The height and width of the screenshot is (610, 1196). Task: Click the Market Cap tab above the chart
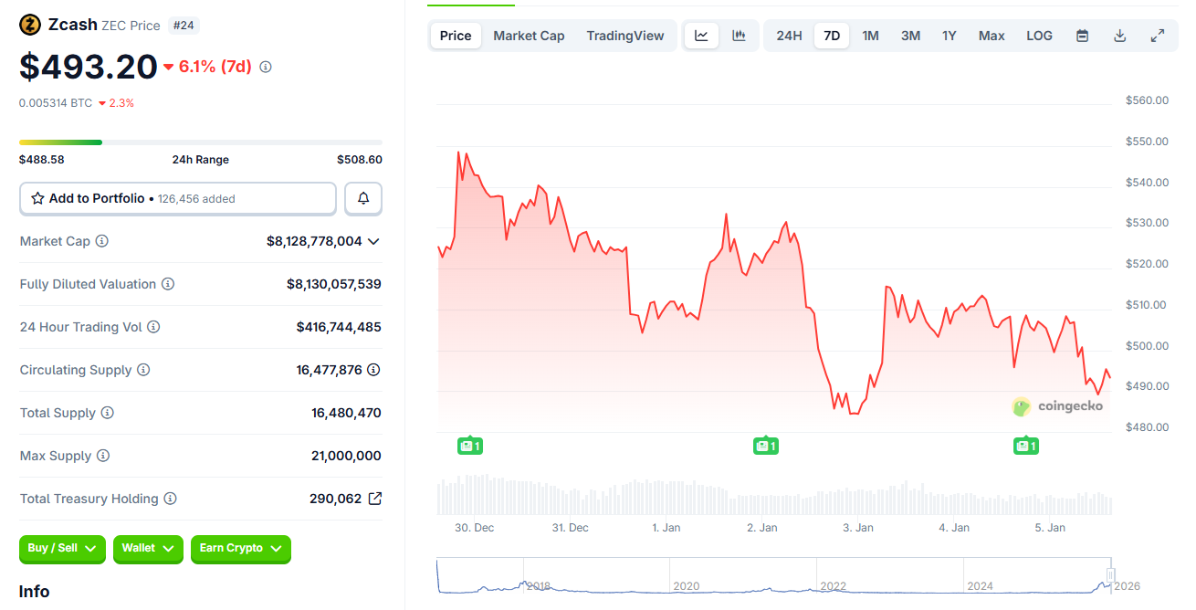529,36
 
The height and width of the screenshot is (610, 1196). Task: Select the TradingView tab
625,36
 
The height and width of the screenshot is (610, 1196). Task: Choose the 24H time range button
789,36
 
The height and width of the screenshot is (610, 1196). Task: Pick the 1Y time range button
949,36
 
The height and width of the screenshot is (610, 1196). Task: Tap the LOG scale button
1039,36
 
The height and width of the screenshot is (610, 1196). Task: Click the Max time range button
991,36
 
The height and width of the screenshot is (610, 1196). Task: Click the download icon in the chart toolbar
1120,36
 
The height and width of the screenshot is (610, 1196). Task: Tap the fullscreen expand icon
1158,36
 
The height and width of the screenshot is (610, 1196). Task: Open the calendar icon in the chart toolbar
1083,36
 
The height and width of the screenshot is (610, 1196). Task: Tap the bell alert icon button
363,198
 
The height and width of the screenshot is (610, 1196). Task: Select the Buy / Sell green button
62,548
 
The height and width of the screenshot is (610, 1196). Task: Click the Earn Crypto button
241,548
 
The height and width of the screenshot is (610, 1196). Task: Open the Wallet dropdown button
148,548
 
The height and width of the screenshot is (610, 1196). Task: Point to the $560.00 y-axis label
1148,100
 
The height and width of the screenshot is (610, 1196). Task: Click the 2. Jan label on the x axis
761,528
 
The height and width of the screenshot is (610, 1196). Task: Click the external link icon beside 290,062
375,499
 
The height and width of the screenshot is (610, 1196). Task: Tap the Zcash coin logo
30,25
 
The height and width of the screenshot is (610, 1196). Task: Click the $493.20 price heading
89,67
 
